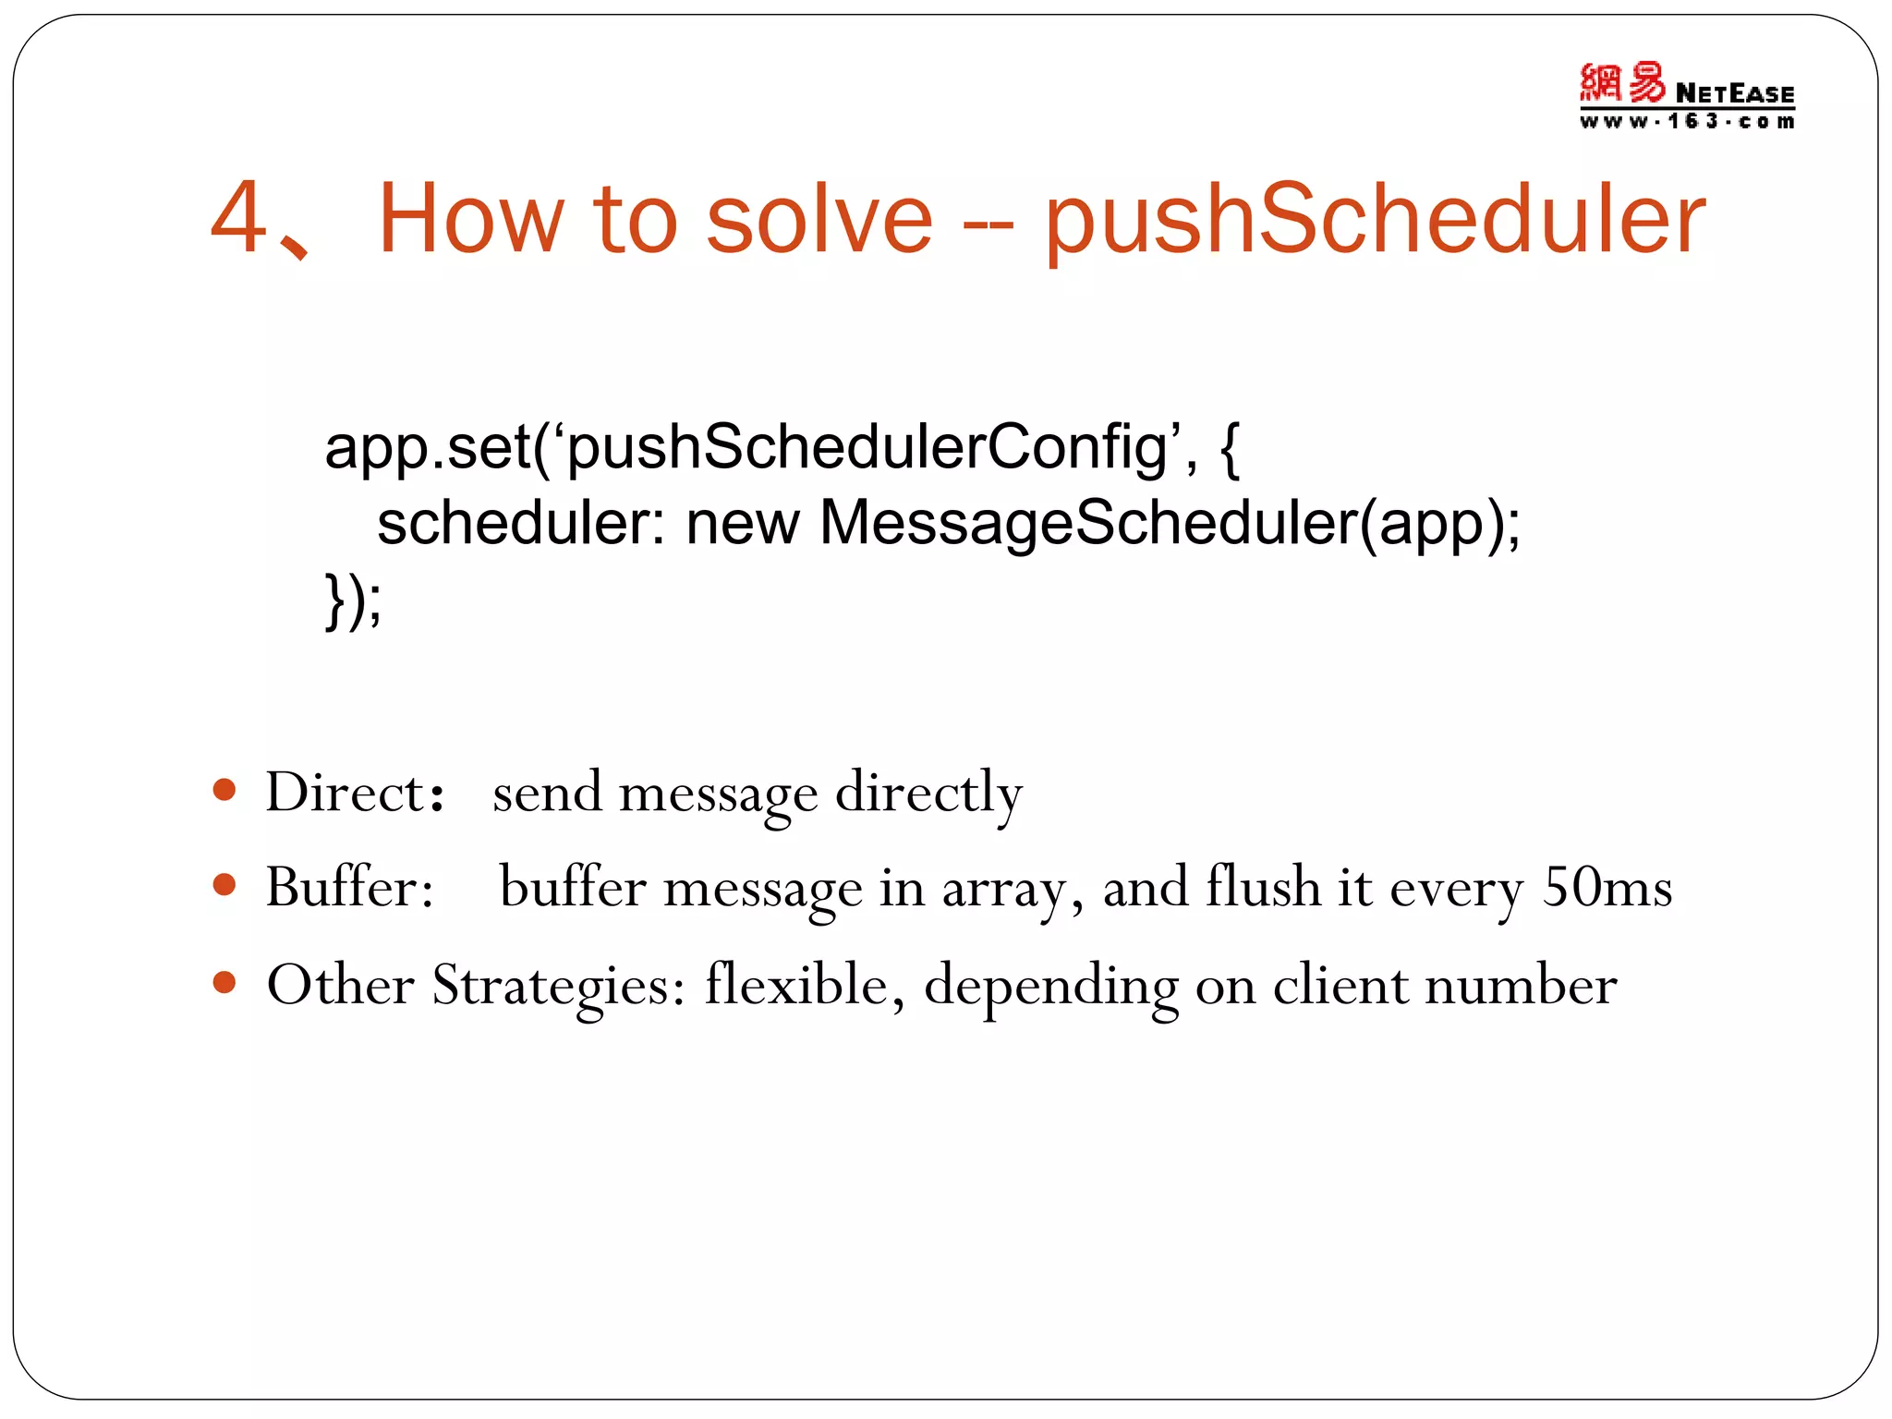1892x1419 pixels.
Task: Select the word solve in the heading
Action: pyautogui.click(x=819, y=220)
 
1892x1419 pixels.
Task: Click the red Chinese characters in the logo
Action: pyautogui.click(x=1622, y=83)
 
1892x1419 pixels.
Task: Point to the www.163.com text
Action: pyautogui.click(x=1687, y=122)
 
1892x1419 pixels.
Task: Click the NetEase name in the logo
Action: pyautogui.click(x=1734, y=93)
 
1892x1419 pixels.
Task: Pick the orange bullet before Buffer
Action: pyautogui.click(x=224, y=885)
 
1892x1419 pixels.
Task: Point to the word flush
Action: pyautogui.click(x=1263, y=886)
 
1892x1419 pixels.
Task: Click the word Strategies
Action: pyautogui.click(x=558, y=985)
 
